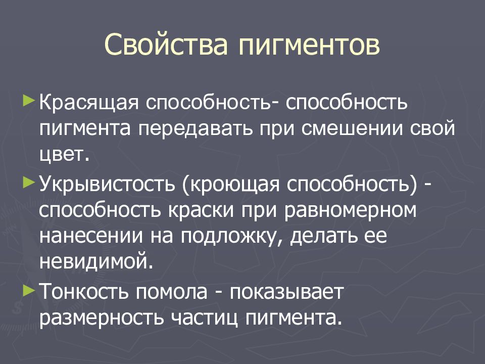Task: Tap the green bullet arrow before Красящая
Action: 30,96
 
